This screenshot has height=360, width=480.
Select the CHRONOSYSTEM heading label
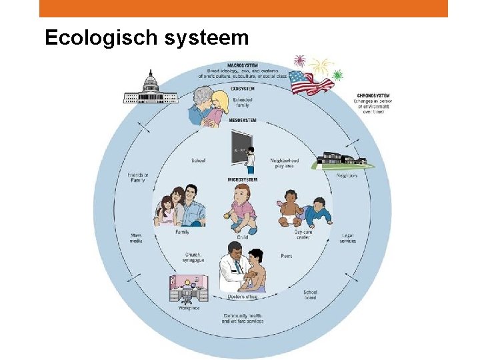373,95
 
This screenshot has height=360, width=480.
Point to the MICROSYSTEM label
242,180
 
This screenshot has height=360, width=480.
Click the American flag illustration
312,81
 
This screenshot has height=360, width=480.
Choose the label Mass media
135,237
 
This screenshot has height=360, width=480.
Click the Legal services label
347,237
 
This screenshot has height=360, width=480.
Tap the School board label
310,294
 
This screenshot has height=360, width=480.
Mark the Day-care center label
303,234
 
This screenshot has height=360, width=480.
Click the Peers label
287,255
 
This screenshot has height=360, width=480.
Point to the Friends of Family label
138,177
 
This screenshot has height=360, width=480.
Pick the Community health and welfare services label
242,318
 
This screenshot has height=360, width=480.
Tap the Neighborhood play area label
284,163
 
